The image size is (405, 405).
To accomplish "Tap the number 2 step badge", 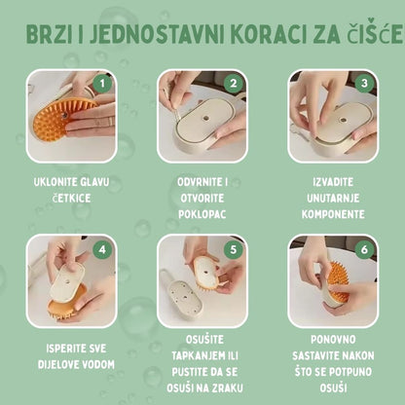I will (x=231, y=84).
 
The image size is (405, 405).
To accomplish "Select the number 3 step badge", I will (x=362, y=84).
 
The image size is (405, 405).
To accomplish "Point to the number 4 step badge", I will (x=100, y=249).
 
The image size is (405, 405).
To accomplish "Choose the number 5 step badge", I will (x=231, y=248).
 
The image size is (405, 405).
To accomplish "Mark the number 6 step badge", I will (x=362, y=249).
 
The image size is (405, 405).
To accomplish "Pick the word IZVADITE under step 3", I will (x=332, y=182).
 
